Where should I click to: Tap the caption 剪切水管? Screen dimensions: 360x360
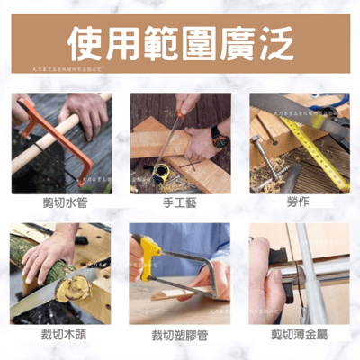62,202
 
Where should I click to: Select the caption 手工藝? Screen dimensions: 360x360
179,202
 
